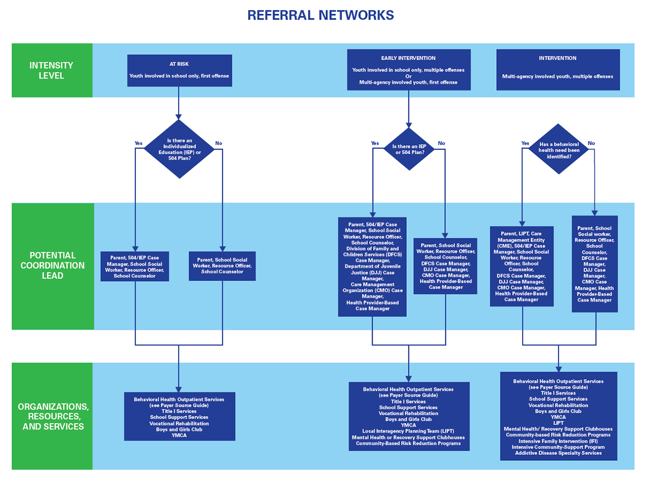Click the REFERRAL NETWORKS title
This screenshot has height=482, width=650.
click(x=320, y=15)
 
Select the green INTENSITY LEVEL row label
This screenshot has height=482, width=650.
click(x=51, y=70)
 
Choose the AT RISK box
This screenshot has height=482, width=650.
click(x=179, y=70)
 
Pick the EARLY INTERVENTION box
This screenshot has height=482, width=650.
click(x=408, y=70)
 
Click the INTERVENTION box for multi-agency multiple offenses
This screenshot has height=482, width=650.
click(x=557, y=70)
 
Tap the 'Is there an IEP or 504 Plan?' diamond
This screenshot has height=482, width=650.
click(x=408, y=149)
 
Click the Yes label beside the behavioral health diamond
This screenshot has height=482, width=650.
click(x=525, y=144)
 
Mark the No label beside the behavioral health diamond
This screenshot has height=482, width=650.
click(x=591, y=144)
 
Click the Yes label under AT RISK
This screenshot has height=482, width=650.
click(x=138, y=144)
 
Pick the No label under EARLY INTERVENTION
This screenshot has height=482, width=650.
click(x=441, y=144)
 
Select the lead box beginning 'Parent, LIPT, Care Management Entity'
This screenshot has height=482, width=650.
click(x=521, y=266)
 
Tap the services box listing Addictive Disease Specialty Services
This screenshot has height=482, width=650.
click(x=558, y=416)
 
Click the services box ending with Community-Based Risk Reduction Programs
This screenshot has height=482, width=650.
click(x=408, y=416)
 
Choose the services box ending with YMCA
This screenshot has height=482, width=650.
click(x=179, y=416)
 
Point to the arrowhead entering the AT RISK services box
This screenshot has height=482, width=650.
click(x=179, y=388)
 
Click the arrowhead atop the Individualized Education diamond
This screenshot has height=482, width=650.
click(x=179, y=116)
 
